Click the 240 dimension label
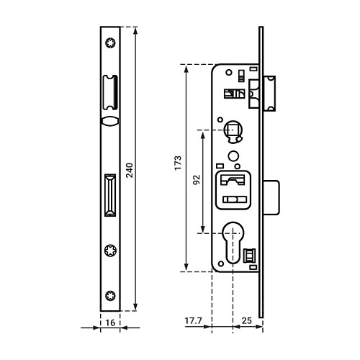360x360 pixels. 130,170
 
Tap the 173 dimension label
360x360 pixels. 178,163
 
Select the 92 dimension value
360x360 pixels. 197,179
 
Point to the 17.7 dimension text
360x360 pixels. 194,320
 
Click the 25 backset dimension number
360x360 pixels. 247,320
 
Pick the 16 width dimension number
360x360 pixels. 110,323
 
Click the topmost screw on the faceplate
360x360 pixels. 110,43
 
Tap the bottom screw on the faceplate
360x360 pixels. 110,295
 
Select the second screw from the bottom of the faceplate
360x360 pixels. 110,251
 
